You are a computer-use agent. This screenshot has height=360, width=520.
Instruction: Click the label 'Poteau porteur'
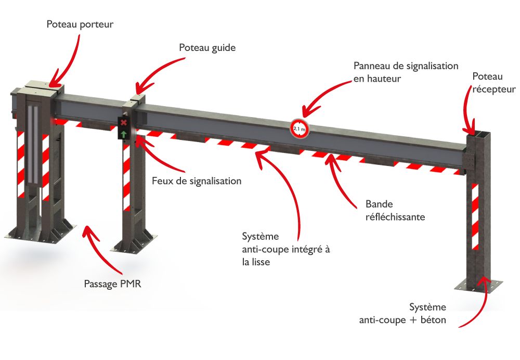pos(80,24)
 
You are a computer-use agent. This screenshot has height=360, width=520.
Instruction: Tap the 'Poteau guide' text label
pos(207,47)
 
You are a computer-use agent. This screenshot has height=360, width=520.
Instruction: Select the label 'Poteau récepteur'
pos(493,83)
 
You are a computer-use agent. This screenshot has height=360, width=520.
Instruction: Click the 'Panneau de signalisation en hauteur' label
pos(405,72)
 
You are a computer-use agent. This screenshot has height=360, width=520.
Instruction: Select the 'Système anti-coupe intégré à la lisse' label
pos(286,249)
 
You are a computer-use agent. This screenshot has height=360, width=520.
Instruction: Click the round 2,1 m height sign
pos(300,128)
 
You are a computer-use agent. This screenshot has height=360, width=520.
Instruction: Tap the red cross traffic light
pos(124,123)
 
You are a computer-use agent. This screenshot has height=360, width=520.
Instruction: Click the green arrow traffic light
pos(124,135)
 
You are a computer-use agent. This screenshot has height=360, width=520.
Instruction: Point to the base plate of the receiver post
pos(479,285)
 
